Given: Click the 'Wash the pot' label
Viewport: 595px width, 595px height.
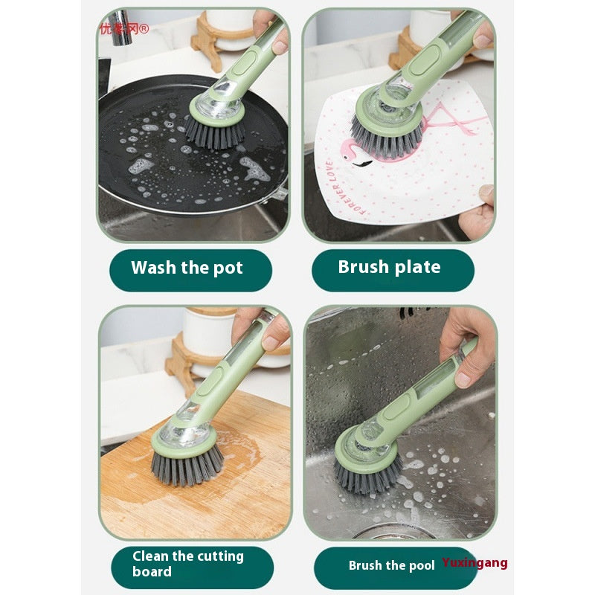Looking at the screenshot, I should [187, 268].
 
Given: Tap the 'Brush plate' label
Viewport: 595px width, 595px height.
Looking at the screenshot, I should [389, 268].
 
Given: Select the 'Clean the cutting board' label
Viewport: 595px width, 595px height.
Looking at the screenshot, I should [188, 564].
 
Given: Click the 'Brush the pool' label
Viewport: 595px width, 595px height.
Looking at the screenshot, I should [392, 565].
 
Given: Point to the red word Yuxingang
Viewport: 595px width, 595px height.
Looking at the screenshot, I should [475, 563].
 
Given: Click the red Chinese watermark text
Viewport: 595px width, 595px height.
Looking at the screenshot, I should [124, 29].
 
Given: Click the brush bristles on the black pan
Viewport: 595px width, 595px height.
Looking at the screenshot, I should [215, 134].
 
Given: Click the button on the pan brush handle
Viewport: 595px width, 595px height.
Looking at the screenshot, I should [242, 65].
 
